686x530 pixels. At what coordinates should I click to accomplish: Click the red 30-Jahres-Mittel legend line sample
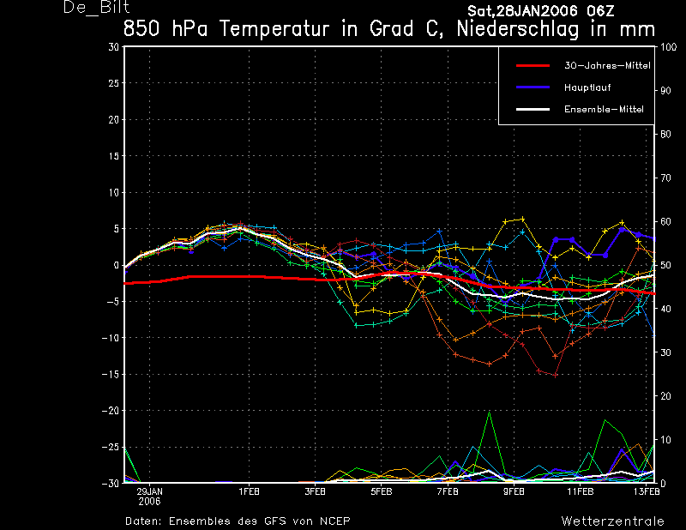click(x=533, y=66)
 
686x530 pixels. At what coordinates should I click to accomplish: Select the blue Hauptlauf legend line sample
click(x=533, y=87)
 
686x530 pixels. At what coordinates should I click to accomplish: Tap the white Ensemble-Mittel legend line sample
click(x=533, y=110)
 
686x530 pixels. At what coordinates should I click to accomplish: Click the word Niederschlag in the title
click(x=518, y=29)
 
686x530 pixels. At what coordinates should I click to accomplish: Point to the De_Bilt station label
click(x=96, y=8)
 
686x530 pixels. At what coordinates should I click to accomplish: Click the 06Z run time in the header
click(x=601, y=10)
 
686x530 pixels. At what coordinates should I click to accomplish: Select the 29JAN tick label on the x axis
click(x=149, y=492)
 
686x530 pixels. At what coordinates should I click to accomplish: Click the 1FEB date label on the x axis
click(x=249, y=492)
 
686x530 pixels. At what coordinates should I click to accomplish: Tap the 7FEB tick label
click(x=448, y=492)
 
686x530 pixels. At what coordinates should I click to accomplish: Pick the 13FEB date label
click(x=647, y=492)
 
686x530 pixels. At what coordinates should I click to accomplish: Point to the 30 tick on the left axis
click(x=114, y=47)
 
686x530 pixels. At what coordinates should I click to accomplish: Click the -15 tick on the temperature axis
click(x=111, y=374)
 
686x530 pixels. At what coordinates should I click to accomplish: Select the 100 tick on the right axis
click(x=669, y=47)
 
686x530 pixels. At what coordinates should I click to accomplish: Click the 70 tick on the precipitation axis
click(x=665, y=178)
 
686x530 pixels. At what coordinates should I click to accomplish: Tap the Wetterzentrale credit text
click(x=612, y=521)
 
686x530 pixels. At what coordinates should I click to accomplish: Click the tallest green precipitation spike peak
click(x=489, y=412)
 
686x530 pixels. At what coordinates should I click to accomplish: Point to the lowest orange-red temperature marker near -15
click(x=555, y=375)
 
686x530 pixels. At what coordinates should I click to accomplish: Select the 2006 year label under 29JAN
click(x=149, y=502)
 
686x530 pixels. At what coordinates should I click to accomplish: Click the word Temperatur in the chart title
click(x=274, y=29)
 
